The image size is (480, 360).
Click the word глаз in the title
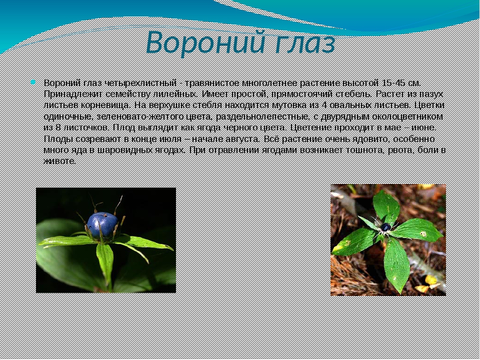coord(302,43)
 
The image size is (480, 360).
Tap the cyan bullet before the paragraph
coord(33,82)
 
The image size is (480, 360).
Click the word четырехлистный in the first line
coord(140,83)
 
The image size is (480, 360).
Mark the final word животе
coord(59,161)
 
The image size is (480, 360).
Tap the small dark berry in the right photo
coord(385,227)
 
